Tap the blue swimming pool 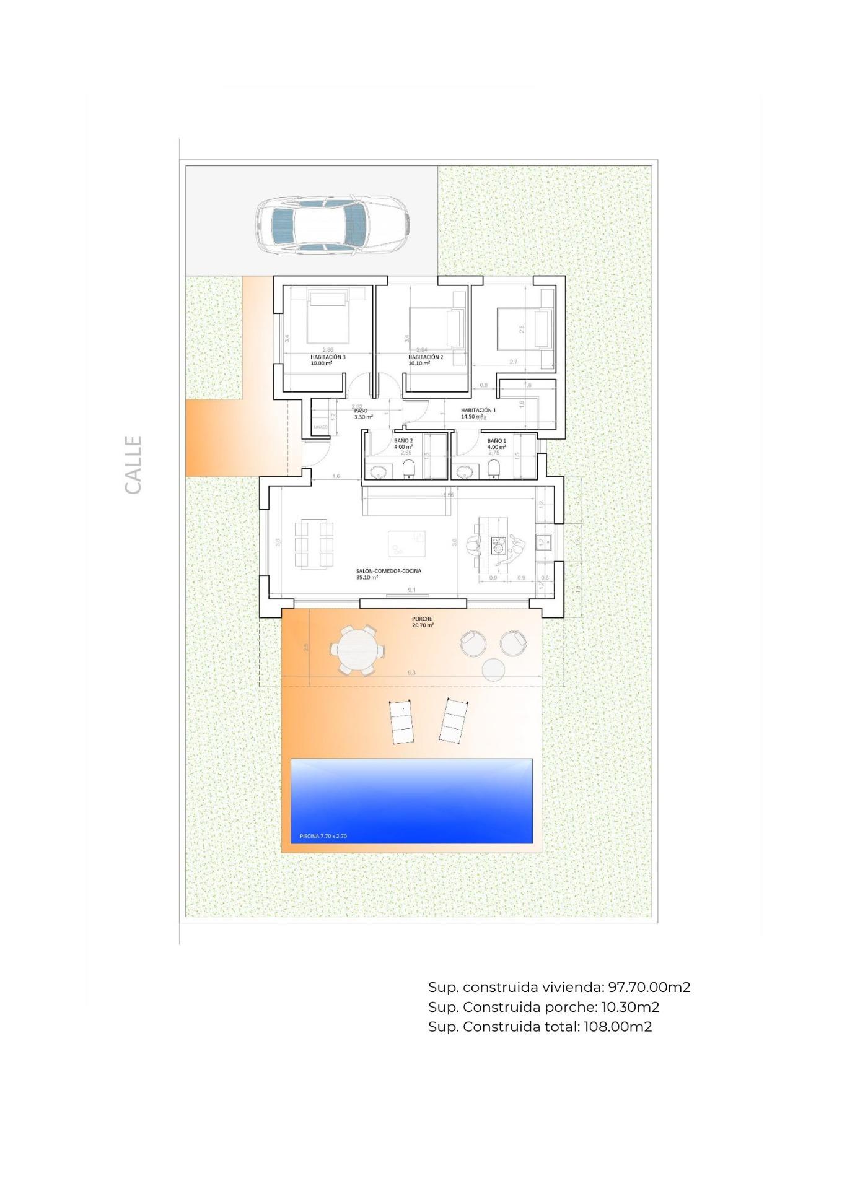411,800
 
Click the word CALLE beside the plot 133,464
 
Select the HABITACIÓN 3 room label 328,357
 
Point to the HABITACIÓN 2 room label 425,357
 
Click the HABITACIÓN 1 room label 478,410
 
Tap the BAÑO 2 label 403,441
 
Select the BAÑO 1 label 496,441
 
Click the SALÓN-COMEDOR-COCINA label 388,571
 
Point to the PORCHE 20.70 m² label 423,622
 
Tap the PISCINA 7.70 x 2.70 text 323,836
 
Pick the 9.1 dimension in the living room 412,590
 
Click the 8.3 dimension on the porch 412,673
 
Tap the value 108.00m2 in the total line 617,1026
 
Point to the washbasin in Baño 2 377,473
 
